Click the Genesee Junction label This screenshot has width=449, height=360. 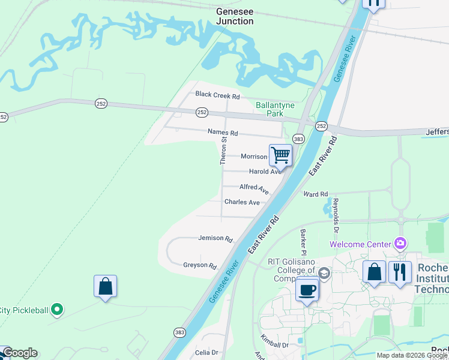pyautogui.click(x=235, y=16)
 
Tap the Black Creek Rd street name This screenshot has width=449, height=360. pyautogui.click(x=217, y=96)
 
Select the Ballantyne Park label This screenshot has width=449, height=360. pyautogui.click(x=275, y=109)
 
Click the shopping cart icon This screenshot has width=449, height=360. pyautogui.click(x=281, y=155)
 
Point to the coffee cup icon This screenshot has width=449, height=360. pyautogui.click(x=307, y=289)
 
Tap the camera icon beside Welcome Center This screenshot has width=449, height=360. pyautogui.click(x=400, y=244)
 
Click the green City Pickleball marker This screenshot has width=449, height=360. pyautogui.click(x=57, y=310)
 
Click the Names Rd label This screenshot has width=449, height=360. pyautogui.click(x=223, y=133)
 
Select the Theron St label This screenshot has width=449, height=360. pyautogui.click(x=223, y=151)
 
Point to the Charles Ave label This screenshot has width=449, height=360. pyautogui.click(x=242, y=202)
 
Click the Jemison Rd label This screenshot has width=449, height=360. pyautogui.click(x=215, y=238)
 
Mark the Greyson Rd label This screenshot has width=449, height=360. pyautogui.click(x=200, y=265)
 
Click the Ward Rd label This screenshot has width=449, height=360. pyautogui.click(x=316, y=194)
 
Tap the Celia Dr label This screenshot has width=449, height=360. pyautogui.click(x=206, y=352)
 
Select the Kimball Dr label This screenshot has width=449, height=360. pyautogui.click(x=275, y=344)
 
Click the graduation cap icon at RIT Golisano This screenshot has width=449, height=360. pyautogui.click(x=324, y=274)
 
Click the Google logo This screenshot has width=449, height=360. pyautogui.click(x=20, y=353)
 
